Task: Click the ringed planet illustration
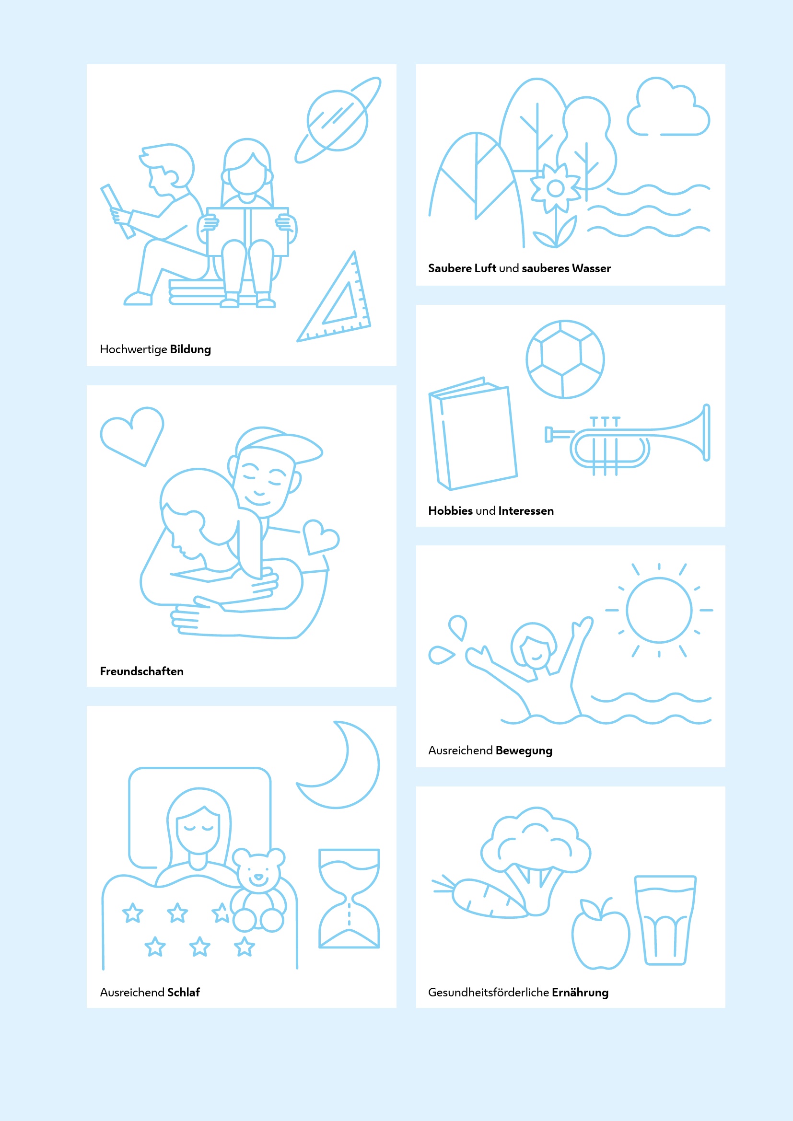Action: [337, 121]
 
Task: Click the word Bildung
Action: [190, 349]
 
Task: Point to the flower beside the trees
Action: [556, 188]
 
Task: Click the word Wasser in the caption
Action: [591, 268]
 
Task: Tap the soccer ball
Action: [565, 359]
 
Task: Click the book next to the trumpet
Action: [473, 434]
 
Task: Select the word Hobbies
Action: [450, 511]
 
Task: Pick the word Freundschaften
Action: [141, 671]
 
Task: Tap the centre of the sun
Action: [659, 610]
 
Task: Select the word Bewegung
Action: [524, 751]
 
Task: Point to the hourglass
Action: [349, 899]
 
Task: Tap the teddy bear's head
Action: [258, 871]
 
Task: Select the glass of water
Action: [665, 920]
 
